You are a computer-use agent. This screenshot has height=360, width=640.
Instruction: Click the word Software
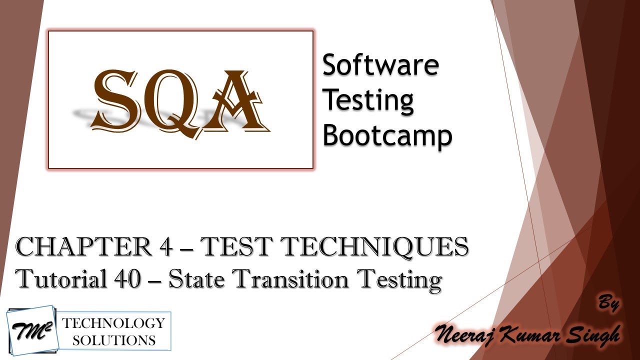pyautogui.click(x=380, y=65)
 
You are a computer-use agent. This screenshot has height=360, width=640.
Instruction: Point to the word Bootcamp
pyautogui.click(x=387, y=135)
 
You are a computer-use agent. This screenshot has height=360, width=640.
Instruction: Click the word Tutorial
pyautogui.click(x=58, y=279)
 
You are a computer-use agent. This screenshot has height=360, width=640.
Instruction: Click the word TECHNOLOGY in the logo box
pyautogui.click(x=113, y=322)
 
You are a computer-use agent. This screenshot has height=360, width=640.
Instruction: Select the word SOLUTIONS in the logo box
pyautogui.click(x=113, y=340)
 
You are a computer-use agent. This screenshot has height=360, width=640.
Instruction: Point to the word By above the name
pyautogui.click(x=608, y=303)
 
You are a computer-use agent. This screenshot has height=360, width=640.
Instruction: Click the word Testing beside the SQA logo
pyautogui.click(x=368, y=100)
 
